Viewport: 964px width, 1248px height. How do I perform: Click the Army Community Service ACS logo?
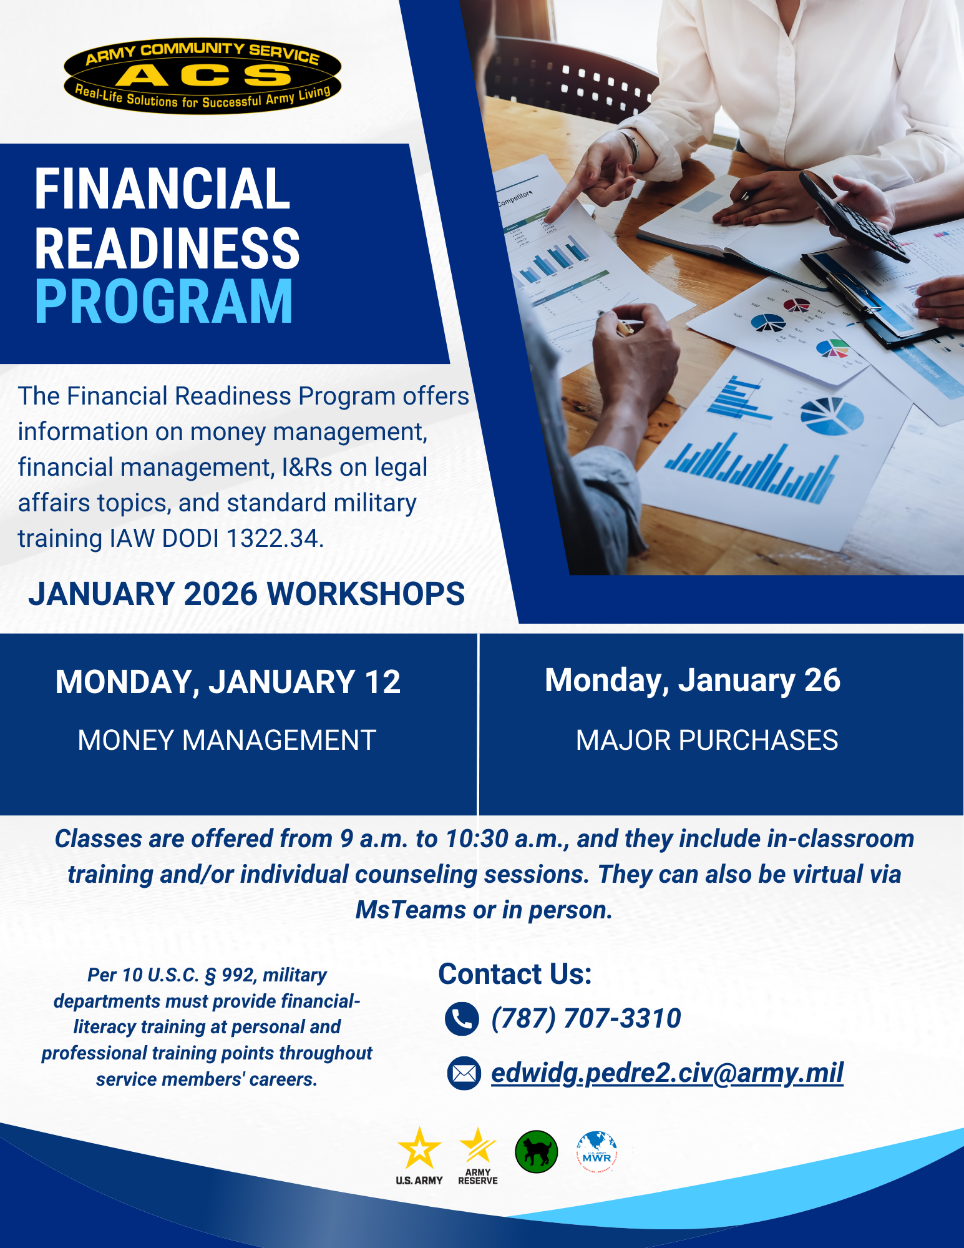pyautogui.click(x=202, y=76)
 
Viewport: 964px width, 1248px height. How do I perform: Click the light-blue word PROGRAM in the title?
pyautogui.click(x=164, y=302)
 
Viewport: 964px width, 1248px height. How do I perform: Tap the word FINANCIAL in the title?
pyautogui.click(x=162, y=189)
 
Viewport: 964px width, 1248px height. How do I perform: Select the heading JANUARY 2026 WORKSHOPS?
pyautogui.click(x=246, y=594)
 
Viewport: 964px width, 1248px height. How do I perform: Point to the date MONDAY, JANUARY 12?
pyautogui.click(x=228, y=682)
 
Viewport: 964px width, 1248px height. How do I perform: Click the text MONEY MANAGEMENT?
pyautogui.click(x=226, y=740)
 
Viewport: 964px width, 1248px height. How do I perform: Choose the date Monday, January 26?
pyautogui.click(x=693, y=681)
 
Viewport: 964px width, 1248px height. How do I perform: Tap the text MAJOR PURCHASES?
pyautogui.click(x=707, y=740)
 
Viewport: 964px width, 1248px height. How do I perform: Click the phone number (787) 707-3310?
pyautogui.click(x=586, y=1018)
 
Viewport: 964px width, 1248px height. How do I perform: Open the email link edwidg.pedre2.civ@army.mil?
pyautogui.click(x=667, y=1073)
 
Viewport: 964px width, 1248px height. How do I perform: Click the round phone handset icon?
pyautogui.click(x=462, y=1019)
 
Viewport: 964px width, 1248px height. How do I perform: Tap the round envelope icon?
pyautogui.click(x=464, y=1074)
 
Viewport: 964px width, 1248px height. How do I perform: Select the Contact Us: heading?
pyautogui.click(x=515, y=974)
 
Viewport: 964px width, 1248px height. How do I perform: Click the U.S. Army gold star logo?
pyautogui.click(x=419, y=1156)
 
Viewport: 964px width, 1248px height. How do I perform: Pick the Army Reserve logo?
pyautogui.click(x=478, y=1156)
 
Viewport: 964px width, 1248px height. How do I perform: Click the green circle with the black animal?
pyautogui.click(x=537, y=1152)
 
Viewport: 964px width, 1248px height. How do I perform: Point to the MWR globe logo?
pyautogui.click(x=597, y=1152)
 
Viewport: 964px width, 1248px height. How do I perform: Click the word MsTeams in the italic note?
pyautogui.click(x=411, y=910)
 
